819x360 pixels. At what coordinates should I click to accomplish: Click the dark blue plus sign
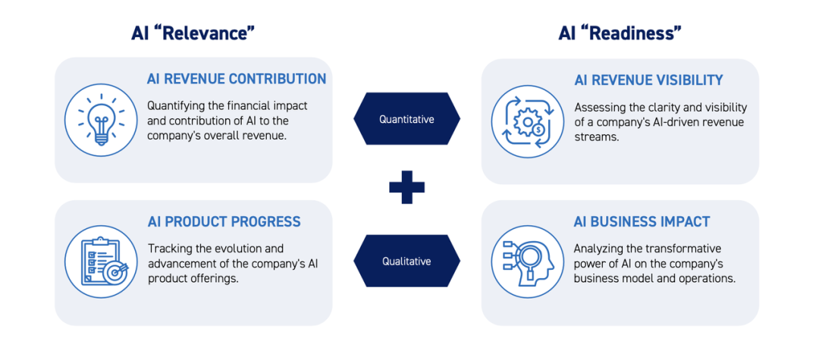click(407, 186)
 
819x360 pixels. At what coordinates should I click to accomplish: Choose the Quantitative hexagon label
click(407, 119)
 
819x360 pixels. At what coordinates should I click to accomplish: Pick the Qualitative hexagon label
click(407, 261)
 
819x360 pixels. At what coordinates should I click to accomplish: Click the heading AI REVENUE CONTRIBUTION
click(237, 80)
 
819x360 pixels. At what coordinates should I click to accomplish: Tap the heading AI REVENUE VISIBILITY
click(648, 80)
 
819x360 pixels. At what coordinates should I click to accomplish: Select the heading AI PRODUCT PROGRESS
click(224, 221)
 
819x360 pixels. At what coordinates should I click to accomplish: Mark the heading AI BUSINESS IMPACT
click(642, 221)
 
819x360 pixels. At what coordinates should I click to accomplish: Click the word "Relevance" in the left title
click(206, 34)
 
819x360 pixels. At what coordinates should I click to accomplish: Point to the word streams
click(593, 136)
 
